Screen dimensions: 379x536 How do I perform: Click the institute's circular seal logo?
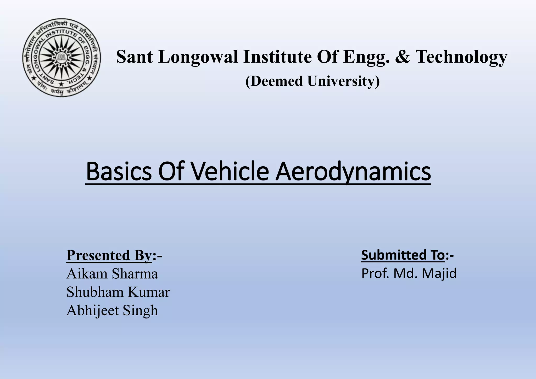pos(62,58)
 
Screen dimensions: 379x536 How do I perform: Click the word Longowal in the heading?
pos(198,57)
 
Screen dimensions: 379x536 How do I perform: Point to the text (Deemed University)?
pos(312,81)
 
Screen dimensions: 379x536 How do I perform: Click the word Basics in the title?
pos(119,172)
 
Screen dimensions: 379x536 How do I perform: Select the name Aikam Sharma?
pos(112,274)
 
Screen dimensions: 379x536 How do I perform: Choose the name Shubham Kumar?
pos(118,292)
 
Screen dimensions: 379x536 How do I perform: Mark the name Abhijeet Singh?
pos(112,311)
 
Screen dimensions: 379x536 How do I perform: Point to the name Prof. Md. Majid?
pos(409,273)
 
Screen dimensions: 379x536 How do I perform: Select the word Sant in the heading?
pos(134,57)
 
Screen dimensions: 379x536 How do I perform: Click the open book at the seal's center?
pos(62,57)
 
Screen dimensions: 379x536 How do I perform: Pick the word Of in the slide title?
pos(174,172)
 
